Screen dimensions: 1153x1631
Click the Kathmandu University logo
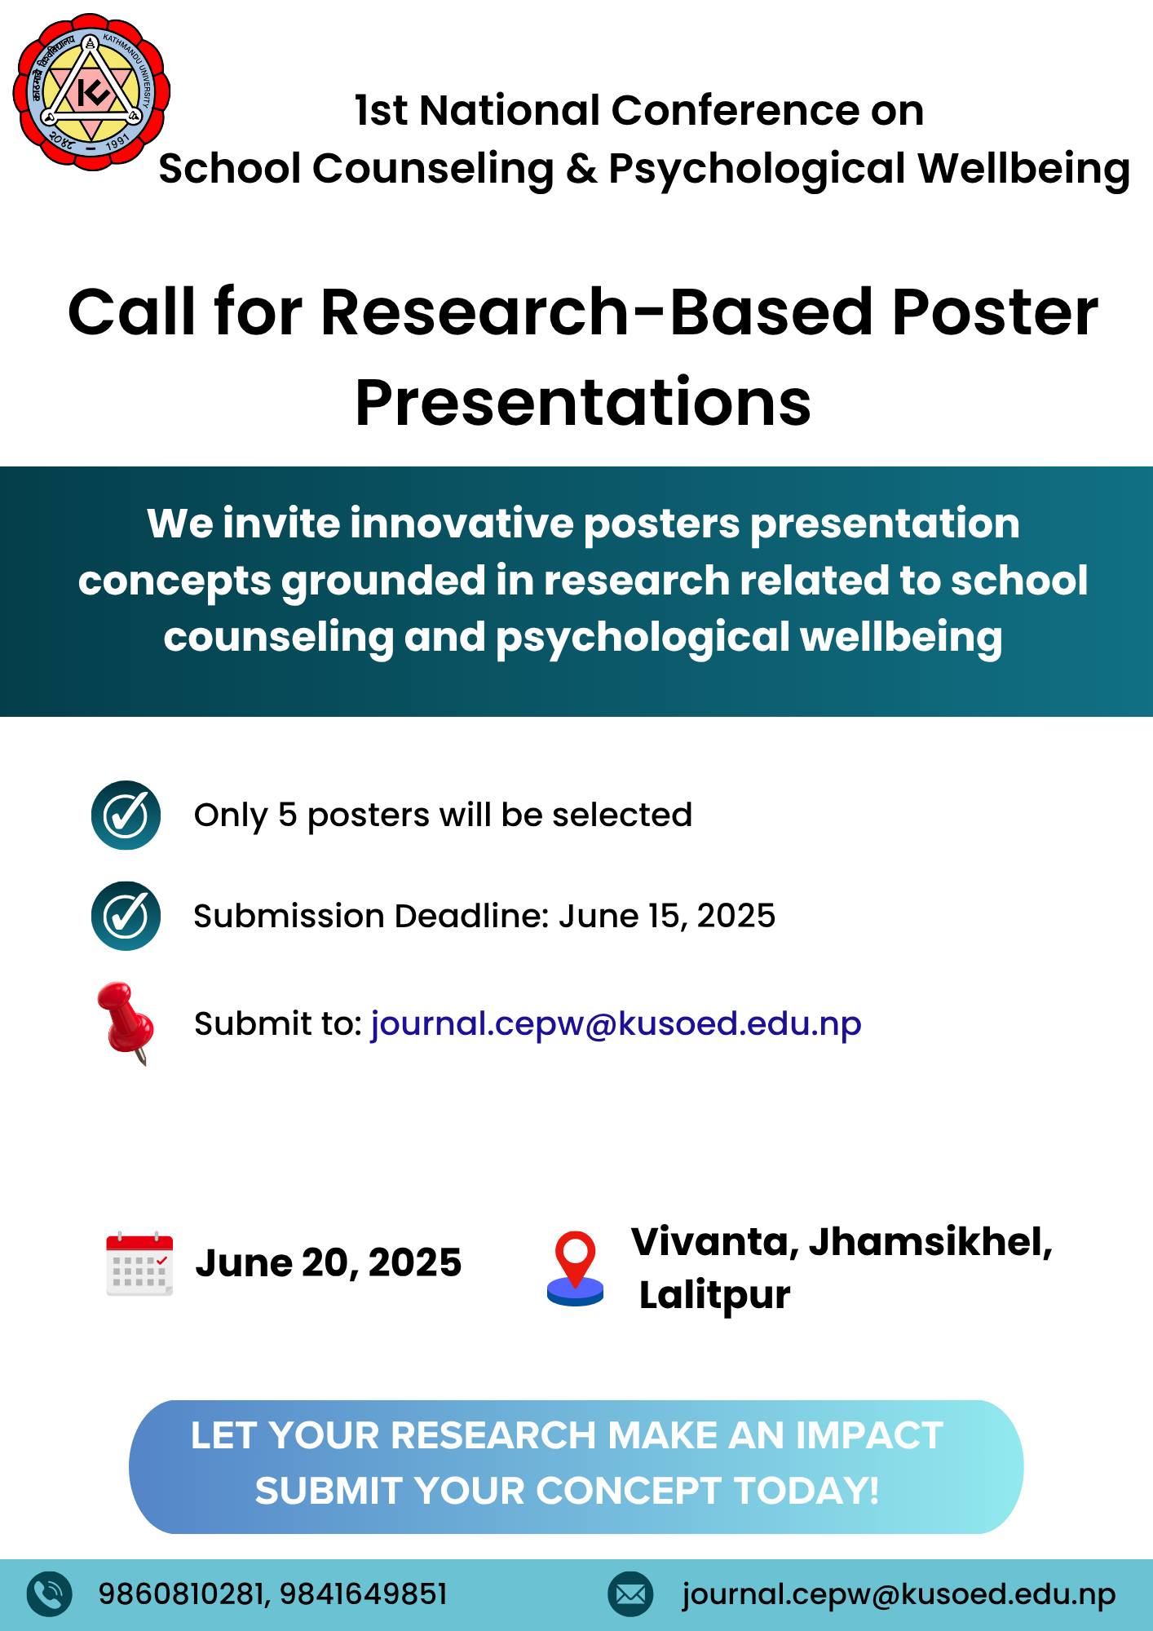[x=91, y=91]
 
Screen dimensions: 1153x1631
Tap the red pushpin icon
[x=125, y=1023]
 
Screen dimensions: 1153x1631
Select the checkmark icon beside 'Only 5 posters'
[x=126, y=815]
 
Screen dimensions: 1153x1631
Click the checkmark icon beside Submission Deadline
[x=126, y=916]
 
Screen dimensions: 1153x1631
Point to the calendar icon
[x=139, y=1263]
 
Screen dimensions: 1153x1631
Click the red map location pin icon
[x=575, y=1269]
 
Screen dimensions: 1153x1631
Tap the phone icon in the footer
[x=50, y=1593]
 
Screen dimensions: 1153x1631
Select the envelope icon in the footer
[x=630, y=1593]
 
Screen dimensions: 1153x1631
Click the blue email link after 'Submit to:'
[x=616, y=1024]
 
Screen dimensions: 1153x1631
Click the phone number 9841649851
[x=364, y=1593]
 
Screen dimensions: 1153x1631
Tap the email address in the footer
[x=899, y=1595]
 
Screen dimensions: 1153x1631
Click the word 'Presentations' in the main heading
[x=583, y=403]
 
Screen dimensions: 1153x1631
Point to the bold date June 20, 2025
[x=329, y=1263]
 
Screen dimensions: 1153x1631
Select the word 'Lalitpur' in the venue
[x=714, y=1296]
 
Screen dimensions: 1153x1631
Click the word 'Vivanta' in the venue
[x=714, y=1243]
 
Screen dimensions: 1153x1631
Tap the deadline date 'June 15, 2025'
[x=667, y=917]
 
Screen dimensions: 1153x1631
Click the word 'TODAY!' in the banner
[x=806, y=1492]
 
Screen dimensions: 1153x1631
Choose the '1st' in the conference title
[x=381, y=110]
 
